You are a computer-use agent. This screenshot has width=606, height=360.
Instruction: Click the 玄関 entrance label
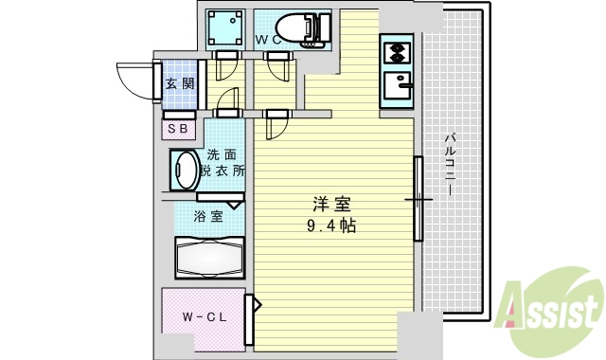180,83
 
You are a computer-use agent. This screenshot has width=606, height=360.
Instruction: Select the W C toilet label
269,40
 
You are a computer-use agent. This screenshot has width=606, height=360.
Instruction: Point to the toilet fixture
301,28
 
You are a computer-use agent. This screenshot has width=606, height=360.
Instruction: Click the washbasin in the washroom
183,171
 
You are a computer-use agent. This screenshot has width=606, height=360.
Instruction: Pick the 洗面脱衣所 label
223,163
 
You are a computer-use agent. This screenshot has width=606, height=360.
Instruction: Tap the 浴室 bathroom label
209,216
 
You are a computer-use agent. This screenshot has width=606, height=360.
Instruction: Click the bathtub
209,256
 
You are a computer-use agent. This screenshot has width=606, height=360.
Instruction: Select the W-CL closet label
205,317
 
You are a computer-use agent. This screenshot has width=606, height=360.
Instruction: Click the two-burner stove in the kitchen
396,51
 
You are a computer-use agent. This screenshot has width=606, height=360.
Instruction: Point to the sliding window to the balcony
418,199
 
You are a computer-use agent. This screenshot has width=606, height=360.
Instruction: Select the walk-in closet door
252,320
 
